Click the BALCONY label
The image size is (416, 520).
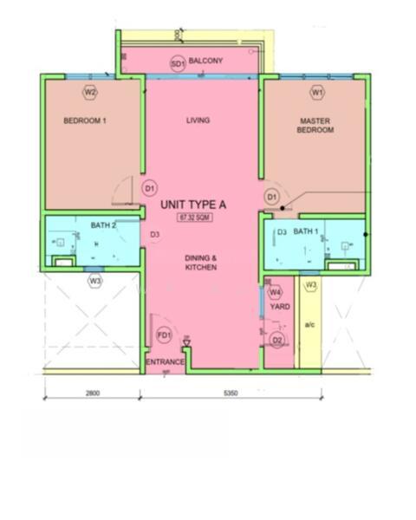click(x=207, y=61)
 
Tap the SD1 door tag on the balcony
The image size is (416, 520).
click(x=177, y=64)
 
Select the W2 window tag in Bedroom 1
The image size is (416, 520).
click(x=90, y=91)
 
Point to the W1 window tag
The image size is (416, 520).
click(x=317, y=91)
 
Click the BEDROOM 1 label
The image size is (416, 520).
click(x=85, y=121)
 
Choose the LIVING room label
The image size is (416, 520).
click(x=198, y=120)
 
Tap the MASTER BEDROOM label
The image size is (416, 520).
click(x=316, y=125)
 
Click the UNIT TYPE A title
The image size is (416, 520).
click(x=194, y=205)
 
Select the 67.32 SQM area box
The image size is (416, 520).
click(x=195, y=218)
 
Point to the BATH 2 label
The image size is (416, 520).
click(x=103, y=225)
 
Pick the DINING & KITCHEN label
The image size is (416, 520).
click(x=200, y=263)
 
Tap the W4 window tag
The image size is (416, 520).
click(x=276, y=293)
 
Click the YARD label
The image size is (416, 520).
click(x=279, y=307)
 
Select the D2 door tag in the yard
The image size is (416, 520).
click(x=277, y=340)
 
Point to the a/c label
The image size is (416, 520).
click(x=309, y=324)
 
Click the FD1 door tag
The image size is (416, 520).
click(x=164, y=335)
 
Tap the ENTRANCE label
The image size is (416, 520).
click(x=165, y=361)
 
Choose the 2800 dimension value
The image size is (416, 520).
click(x=92, y=393)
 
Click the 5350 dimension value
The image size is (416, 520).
click(x=231, y=393)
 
